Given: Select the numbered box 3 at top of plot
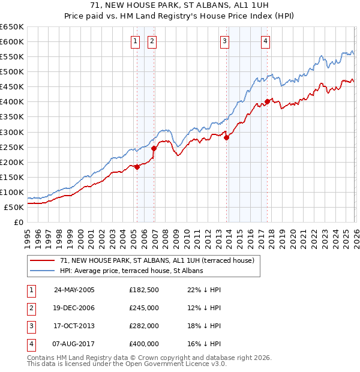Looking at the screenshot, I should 224,41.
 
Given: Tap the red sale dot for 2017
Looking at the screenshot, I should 267,101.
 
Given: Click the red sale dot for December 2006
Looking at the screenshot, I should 154,148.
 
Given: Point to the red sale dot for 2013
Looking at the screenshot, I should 227,137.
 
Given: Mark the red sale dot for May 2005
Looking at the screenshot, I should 137,167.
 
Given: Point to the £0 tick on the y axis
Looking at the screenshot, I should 18,222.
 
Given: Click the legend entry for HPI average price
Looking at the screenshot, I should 131,271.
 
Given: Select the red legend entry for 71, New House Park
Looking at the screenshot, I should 157,260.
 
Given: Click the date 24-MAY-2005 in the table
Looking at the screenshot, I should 74,290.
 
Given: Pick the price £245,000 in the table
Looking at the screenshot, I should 144,308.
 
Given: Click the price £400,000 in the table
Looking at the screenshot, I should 144,344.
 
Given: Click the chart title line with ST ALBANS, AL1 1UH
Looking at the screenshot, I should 180,6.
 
